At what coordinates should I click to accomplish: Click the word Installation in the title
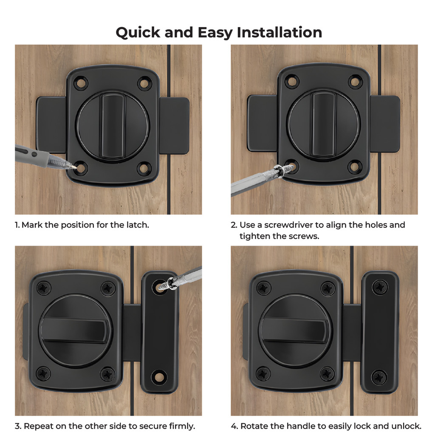(279, 32)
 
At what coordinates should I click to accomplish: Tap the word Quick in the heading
(138, 33)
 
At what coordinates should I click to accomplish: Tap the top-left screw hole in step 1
(81, 83)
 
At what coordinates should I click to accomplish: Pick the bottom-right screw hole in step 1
(144, 168)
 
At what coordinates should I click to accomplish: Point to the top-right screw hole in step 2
(355, 82)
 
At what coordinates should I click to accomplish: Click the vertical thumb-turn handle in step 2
(324, 125)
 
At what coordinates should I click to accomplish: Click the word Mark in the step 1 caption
(32, 225)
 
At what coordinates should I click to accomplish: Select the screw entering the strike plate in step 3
(167, 285)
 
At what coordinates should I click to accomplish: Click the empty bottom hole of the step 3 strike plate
(159, 377)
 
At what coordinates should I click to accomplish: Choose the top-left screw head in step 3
(44, 288)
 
